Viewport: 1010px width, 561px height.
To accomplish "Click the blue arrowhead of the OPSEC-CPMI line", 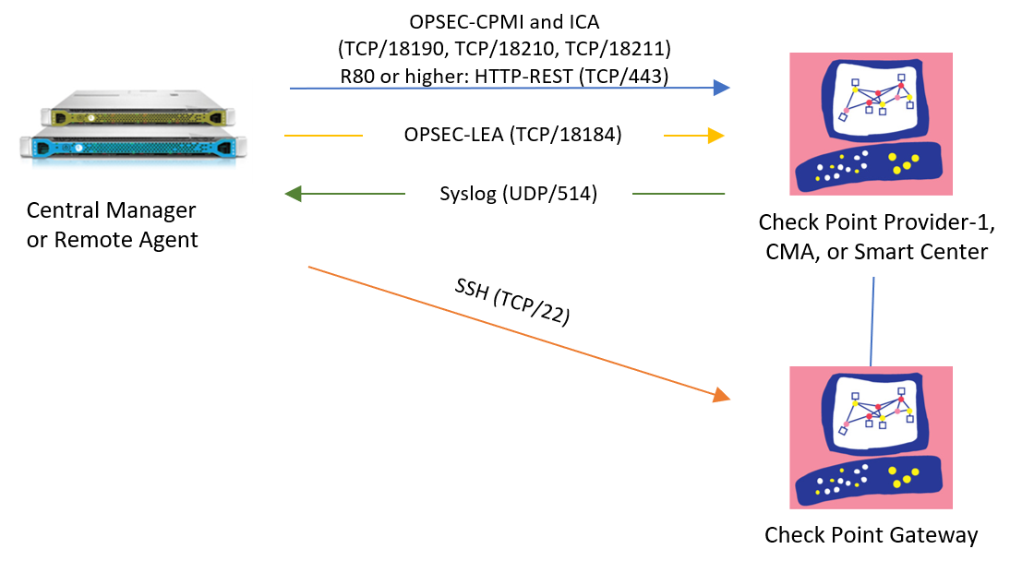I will [x=721, y=89].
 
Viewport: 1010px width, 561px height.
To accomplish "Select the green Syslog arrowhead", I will [x=295, y=194].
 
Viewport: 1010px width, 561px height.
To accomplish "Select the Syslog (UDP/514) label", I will [x=518, y=194].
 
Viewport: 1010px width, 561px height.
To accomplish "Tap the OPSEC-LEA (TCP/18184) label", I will [x=513, y=135].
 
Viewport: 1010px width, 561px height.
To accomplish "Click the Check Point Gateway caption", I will [x=871, y=535].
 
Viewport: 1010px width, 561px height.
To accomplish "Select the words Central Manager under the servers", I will [x=111, y=210].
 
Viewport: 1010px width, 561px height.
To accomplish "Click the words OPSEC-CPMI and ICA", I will [x=504, y=21].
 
